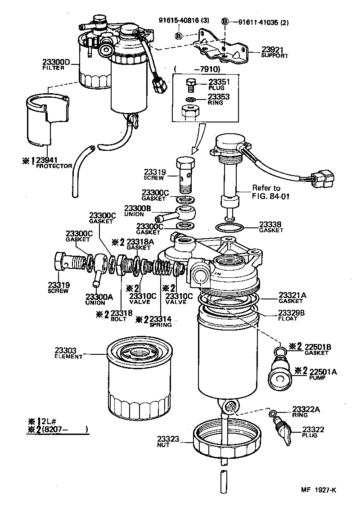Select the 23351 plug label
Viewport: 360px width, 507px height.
[x=219, y=82]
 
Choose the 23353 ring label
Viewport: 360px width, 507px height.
[x=219, y=96]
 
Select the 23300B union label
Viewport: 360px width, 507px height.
[x=156, y=208]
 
